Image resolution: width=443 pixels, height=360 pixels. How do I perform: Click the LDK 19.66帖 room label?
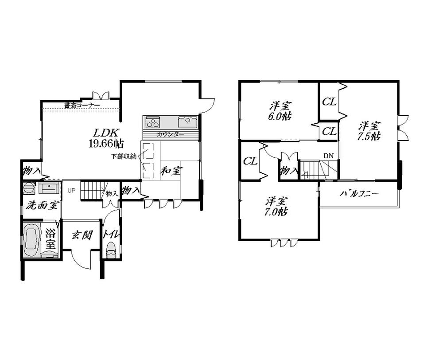[107, 138]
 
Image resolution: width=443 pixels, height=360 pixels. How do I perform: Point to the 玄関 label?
[82, 235]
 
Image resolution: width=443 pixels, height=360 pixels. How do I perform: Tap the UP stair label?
[71, 191]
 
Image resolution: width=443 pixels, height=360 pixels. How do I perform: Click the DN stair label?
[328, 156]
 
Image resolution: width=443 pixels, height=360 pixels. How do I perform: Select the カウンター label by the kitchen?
[170, 134]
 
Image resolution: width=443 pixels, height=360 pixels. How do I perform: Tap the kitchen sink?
[187, 121]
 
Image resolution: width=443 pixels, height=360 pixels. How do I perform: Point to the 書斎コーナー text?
[82, 106]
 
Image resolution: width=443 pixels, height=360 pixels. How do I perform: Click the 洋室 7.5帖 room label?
[369, 131]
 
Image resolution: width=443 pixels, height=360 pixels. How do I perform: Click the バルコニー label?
[359, 194]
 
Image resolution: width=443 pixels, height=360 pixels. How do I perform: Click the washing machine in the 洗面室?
[29, 188]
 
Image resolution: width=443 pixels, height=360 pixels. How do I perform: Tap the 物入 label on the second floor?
[288, 171]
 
